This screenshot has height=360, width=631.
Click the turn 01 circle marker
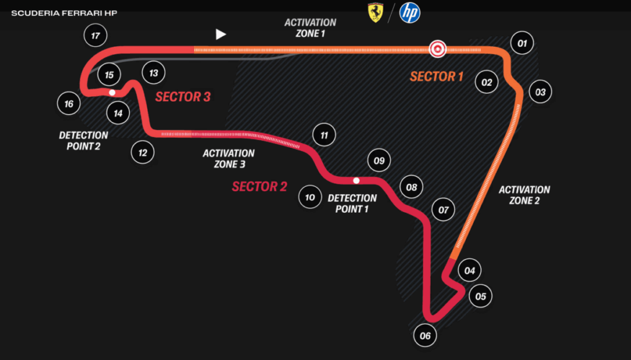(x=522, y=43)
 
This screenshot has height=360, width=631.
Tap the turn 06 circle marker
(x=425, y=336)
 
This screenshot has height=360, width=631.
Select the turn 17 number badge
(x=96, y=36)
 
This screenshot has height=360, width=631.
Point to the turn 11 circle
(x=324, y=134)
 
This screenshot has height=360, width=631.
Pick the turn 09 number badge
(x=379, y=161)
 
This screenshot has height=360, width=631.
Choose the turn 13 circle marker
(x=153, y=73)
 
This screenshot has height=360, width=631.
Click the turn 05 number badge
(x=481, y=297)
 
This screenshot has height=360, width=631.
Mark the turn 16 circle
(x=68, y=104)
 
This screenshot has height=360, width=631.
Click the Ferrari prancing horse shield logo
(x=375, y=13)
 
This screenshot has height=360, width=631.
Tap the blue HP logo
(x=410, y=13)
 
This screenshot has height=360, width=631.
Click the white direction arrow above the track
(x=221, y=34)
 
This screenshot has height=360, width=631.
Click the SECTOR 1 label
(x=436, y=76)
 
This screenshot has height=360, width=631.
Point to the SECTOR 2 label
(x=259, y=186)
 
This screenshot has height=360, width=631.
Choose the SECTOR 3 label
(x=183, y=97)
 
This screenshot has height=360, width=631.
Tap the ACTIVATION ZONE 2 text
(x=524, y=195)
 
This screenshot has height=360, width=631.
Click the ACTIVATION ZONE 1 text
(x=311, y=28)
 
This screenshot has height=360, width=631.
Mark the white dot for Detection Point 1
(x=356, y=181)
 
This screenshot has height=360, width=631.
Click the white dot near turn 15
(x=112, y=92)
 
